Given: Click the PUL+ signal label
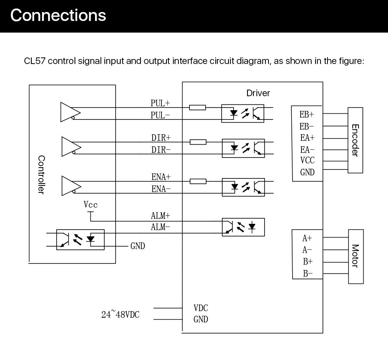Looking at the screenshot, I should [160, 103].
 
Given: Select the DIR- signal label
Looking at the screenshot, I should [161, 150].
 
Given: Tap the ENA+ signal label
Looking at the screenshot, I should [161, 177].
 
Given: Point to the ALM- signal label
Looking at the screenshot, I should [160, 227].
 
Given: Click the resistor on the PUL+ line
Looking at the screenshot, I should [197, 107].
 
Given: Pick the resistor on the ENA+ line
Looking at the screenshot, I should [198, 181].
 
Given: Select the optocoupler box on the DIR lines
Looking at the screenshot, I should [243, 148].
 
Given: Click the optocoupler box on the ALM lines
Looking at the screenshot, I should [243, 227].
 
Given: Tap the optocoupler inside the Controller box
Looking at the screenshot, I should [80, 240].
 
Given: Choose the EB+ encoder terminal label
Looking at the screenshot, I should [307, 114].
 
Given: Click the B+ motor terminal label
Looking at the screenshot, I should [308, 261].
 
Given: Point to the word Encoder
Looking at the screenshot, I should [355, 140].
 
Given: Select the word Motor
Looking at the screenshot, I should [355, 256].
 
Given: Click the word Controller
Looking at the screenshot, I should [42, 175].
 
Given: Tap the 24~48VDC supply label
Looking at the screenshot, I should [120, 314].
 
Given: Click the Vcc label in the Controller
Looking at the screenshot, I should [90, 204].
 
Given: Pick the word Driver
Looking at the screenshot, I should [258, 93].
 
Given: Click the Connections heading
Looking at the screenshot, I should [58, 16].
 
